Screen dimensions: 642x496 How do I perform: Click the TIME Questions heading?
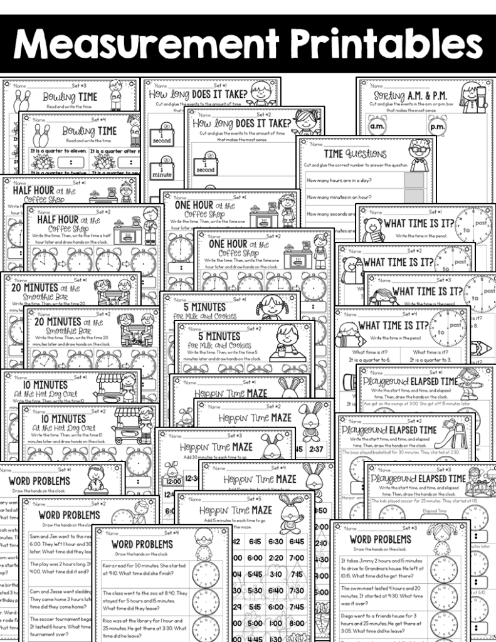[x=355, y=154]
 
